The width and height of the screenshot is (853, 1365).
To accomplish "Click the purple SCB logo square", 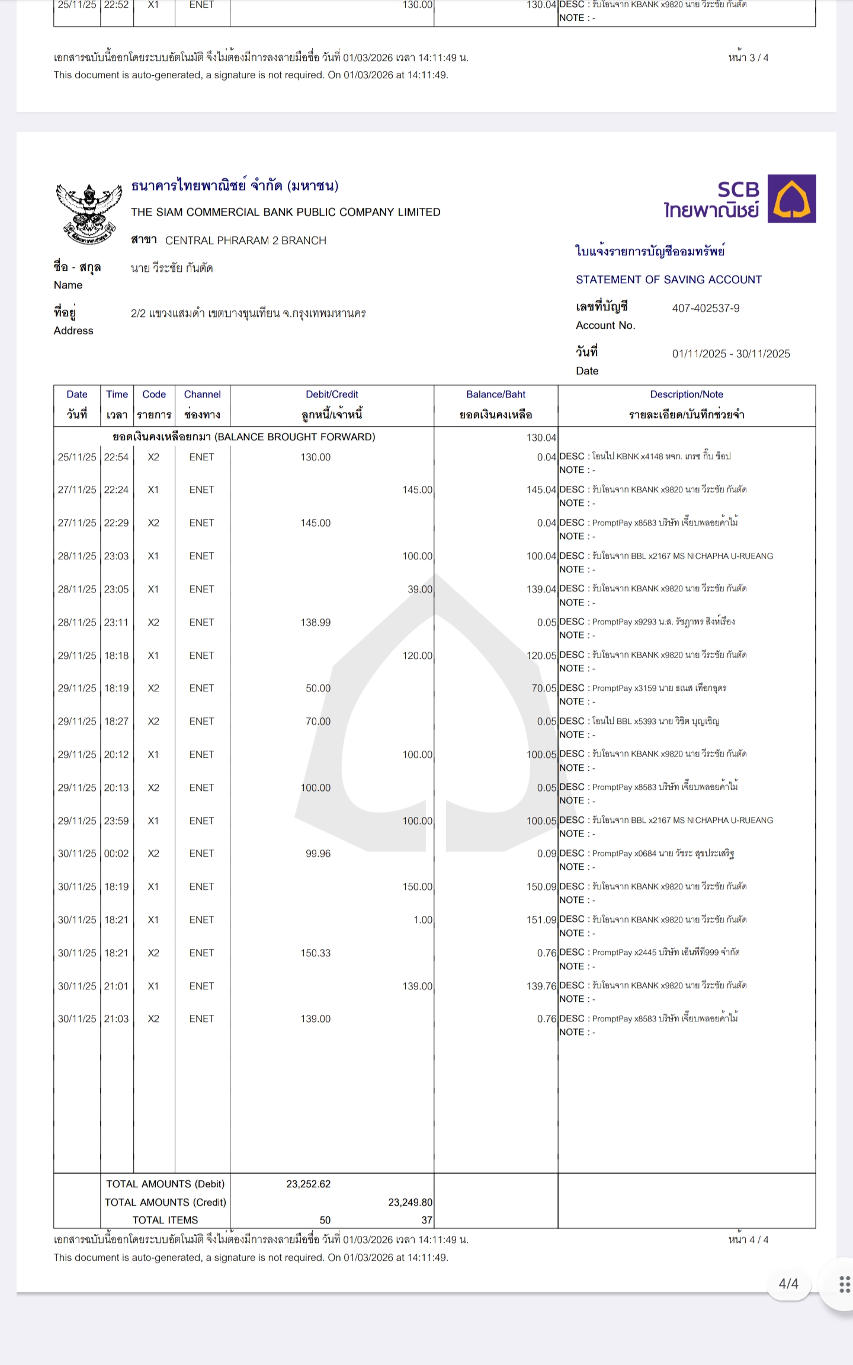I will [791, 198].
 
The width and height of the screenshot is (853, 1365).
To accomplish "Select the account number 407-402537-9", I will [706, 308].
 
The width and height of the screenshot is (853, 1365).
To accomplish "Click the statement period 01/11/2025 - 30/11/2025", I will [730, 354].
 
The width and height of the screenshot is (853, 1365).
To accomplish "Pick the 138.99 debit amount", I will [315, 623].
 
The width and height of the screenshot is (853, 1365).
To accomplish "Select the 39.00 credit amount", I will [419, 589].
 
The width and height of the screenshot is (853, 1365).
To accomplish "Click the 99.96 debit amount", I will [318, 854].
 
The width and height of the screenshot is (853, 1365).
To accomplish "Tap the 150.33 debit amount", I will [315, 953].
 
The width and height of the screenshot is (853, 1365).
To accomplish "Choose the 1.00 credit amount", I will [422, 920].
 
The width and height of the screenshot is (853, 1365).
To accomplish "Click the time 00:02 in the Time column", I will [116, 854].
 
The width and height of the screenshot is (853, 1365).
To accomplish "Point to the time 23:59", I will [116, 821].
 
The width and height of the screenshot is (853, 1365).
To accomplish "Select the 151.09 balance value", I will [541, 920].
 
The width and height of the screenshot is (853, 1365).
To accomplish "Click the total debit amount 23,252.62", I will [308, 1184].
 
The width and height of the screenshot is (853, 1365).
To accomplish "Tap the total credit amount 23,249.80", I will [410, 1202].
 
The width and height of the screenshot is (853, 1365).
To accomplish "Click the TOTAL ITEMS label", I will [165, 1220].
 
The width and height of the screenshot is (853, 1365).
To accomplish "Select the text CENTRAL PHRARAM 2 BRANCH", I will [245, 241].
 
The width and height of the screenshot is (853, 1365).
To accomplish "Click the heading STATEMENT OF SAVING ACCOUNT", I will [668, 280].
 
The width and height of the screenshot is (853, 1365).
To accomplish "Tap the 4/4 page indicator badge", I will [788, 1284].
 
